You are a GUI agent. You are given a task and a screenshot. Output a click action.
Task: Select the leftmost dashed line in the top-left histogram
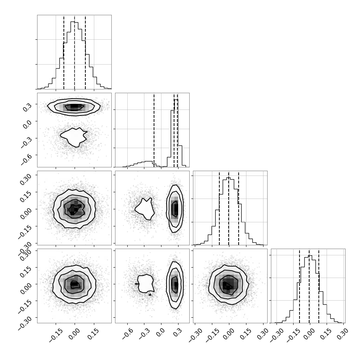tap(64, 52)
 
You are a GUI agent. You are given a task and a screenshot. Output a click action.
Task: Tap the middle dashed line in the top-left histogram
tap(74, 52)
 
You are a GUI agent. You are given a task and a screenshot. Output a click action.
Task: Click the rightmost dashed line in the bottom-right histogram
tap(319, 286)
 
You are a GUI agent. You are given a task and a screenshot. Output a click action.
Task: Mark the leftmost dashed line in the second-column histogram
tap(154, 130)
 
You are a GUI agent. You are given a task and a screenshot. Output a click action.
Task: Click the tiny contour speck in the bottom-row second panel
tap(150, 294)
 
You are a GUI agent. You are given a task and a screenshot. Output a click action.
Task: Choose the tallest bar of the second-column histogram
tap(176, 133)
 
